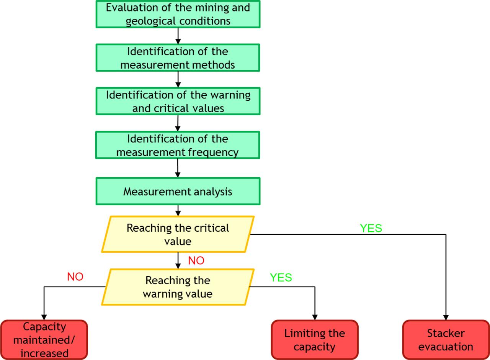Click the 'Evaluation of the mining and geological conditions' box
pyautogui.click(x=178, y=14)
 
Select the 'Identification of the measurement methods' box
pyautogui.click(x=178, y=58)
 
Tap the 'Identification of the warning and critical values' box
pyautogui.click(x=178, y=101)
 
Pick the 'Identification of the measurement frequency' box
pyautogui.click(x=178, y=145)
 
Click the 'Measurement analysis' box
pyautogui.click(x=178, y=191)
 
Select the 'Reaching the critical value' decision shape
pyautogui.click(x=178, y=234)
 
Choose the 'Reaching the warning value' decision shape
pyautogui.click(x=178, y=287)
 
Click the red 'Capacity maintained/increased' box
pyautogui.click(x=44, y=340)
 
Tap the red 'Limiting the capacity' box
pyautogui.click(x=315, y=340)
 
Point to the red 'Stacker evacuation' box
pyautogui.click(x=446, y=340)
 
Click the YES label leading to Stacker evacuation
pyautogui.click(x=371, y=228)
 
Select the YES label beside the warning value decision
pyautogui.click(x=281, y=278)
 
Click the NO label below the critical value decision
pyautogui.click(x=196, y=261)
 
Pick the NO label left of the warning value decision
pyautogui.click(x=75, y=277)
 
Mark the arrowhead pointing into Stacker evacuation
pyautogui.click(x=446, y=317)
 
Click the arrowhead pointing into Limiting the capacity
pyautogui.click(x=315, y=317)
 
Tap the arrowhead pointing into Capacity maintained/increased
pyautogui.click(x=44, y=317)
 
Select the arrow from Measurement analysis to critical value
pyautogui.click(x=178, y=210)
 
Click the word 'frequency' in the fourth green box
pyautogui.click(x=213, y=152)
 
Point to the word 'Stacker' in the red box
pyautogui.click(x=446, y=333)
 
